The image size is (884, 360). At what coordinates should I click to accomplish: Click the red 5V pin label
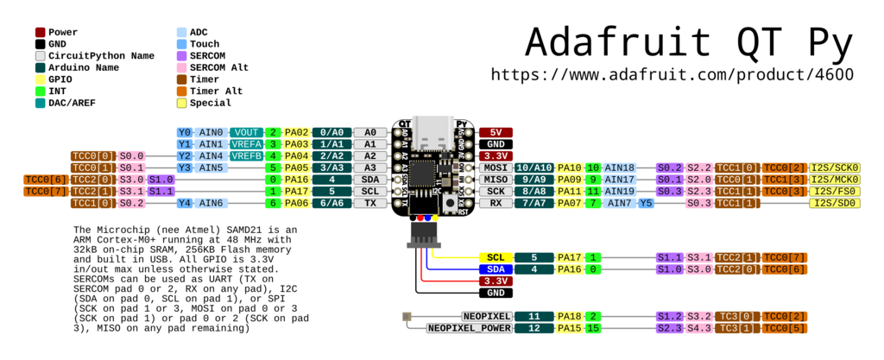pos(496,132)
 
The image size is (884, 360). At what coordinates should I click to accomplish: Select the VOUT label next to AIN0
pos(246,132)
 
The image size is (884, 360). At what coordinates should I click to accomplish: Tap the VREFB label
pos(246,155)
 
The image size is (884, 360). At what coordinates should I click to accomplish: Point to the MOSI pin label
pos(496,167)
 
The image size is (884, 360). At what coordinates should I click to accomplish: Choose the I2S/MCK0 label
pos(834,179)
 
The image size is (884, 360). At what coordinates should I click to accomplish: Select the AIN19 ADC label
pos(619,191)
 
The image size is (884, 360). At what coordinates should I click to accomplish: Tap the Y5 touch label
pos(646,203)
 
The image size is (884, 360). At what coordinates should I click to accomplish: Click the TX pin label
pos(369,203)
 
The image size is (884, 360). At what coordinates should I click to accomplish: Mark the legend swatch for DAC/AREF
pos(40,103)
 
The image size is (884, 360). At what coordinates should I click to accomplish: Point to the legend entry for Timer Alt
pos(216,91)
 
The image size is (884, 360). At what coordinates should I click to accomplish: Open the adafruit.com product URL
pos(672,74)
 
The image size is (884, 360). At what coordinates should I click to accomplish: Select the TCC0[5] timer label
pos(785,328)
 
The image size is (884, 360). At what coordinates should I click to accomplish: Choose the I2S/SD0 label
pos(834,203)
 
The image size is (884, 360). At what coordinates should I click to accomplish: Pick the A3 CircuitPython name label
pos(369,167)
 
